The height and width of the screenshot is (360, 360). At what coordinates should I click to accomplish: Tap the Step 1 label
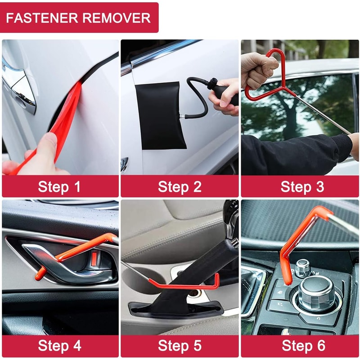pos(59,186)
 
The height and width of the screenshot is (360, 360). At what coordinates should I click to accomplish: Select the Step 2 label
pos(180,186)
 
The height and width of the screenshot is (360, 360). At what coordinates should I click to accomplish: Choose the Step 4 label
pos(59,346)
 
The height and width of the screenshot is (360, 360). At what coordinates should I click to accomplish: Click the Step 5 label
pos(180,346)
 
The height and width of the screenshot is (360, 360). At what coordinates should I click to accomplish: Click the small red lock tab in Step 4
pos(94,258)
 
